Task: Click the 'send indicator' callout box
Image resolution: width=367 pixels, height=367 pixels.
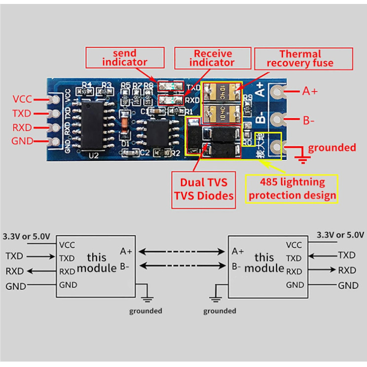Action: pyautogui.click(x=124, y=58)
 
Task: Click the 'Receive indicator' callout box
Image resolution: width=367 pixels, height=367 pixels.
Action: pyautogui.click(x=213, y=58)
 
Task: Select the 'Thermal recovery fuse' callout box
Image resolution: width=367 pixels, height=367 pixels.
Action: pyautogui.click(x=303, y=58)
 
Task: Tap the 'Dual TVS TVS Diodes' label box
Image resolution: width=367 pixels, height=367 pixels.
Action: pyautogui.click(x=203, y=188)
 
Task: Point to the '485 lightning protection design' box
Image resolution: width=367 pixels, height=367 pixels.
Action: pyautogui.click(x=292, y=188)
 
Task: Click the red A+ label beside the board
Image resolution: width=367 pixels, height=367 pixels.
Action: pyautogui.click(x=310, y=91)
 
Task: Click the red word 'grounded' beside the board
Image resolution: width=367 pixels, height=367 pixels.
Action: pyautogui.click(x=331, y=147)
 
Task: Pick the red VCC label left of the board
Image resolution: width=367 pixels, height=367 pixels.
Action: pyautogui.click(x=22, y=99)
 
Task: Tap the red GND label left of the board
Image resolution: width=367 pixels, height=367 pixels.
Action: pyautogui.click(x=22, y=142)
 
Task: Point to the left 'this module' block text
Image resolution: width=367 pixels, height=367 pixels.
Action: pyautogui.click(x=97, y=262)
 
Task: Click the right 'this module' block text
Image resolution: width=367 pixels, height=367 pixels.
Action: pyautogui.click(x=264, y=262)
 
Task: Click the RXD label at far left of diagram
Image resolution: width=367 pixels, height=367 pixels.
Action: pyautogui.click(x=14, y=271)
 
